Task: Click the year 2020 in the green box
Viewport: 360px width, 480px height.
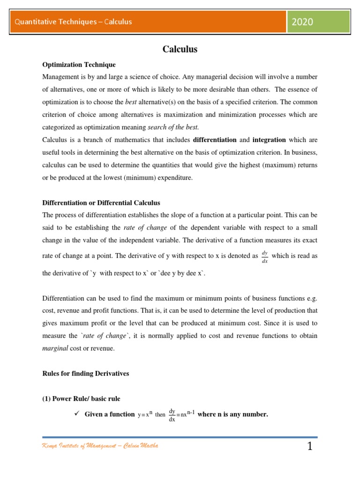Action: pyautogui.click(x=302, y=22)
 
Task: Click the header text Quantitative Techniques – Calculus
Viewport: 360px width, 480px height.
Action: pyautogui.click(x=73, y=22)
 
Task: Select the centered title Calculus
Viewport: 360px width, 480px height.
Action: pyautogui.click(x=180, y=49)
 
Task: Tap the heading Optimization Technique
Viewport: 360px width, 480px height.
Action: pyautogui.click(x=79, y=65)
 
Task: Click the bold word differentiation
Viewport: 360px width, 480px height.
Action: pyautogui.click(x=215, y=140)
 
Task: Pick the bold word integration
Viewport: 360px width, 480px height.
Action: pyautogui.click(x=269, y=140)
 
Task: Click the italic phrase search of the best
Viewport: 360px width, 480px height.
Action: pyautogui.click(x=173, y=127)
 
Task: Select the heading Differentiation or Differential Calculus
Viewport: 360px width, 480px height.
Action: pyautogui.click(x=101, y=203)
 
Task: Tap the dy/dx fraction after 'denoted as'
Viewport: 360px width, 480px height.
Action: pyautogui.click(x=265, y=256)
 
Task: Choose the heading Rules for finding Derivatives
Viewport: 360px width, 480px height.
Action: pyautogui.click(x=85, y=374)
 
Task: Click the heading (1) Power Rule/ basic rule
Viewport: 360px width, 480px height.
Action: pyautogui.click(x=81, y=399)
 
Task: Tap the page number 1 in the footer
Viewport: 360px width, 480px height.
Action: pyautogui.click(x=309, y=447)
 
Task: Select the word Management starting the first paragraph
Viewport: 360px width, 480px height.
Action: pyautogui.click(x=60, y=77)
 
